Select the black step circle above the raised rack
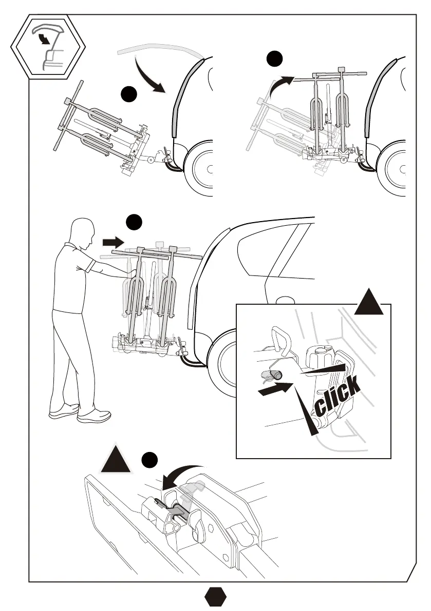(275, 59)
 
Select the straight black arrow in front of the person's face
(113, 242)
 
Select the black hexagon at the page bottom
(215, 597)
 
